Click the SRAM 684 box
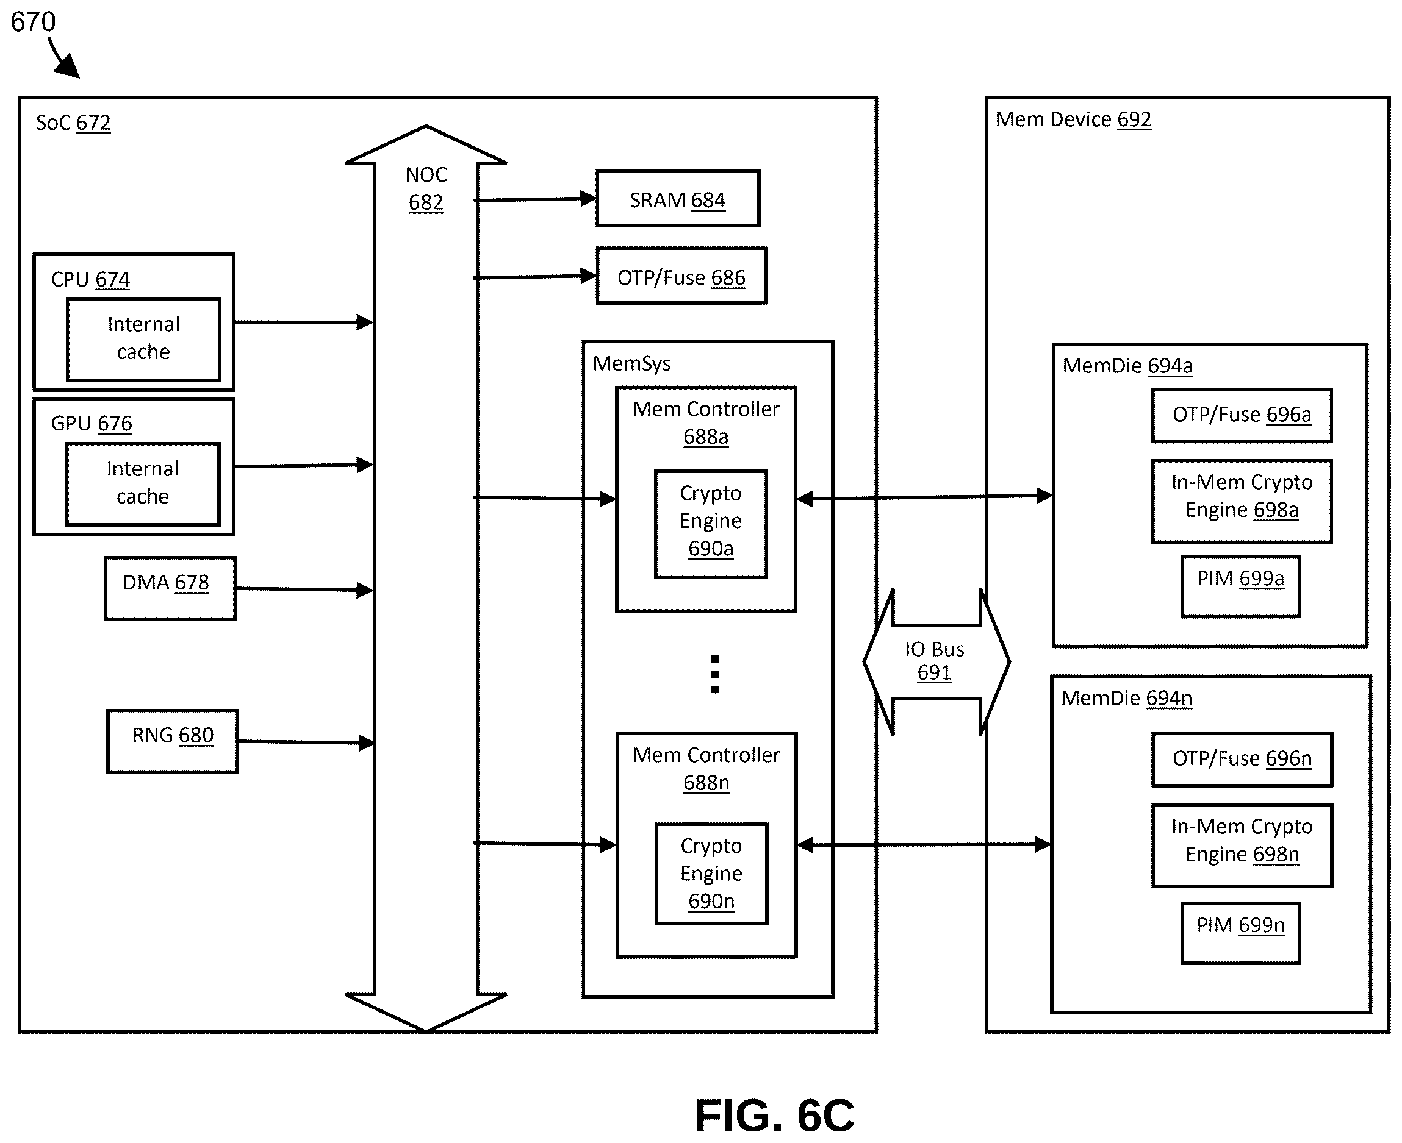click(x=678, y=199)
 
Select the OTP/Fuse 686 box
click(x=681, y=276)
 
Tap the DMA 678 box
click(x=170, y=589)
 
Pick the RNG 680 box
click(x=173, y=741)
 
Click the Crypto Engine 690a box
click(x=711, y=525)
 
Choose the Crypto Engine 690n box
click(x=711, y=874)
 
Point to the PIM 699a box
click(x=1240, y=586)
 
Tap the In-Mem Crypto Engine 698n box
click(x=1243, y=846)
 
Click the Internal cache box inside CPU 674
click(x=143, y=340)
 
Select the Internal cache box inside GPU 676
click(x=143, y=484)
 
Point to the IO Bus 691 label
click(x=935, y=661)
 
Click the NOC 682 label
click(x=426, y=188)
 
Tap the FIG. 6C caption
click(x=774, y=1116)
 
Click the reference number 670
click(x=33, y=22)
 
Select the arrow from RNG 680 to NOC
click(x=306, y=742)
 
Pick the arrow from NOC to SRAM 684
click(x=536, y=199)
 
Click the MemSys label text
click(x=632, y=363)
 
